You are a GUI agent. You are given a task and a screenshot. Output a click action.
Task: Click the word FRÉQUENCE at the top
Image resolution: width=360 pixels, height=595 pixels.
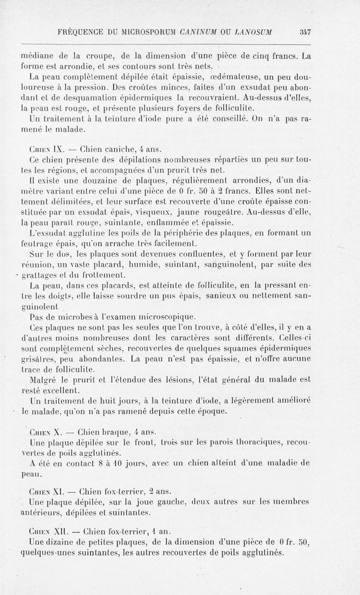[x=79, y=32]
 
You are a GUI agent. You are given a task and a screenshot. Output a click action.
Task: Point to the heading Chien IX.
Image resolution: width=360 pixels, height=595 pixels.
[x=41, y=149]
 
